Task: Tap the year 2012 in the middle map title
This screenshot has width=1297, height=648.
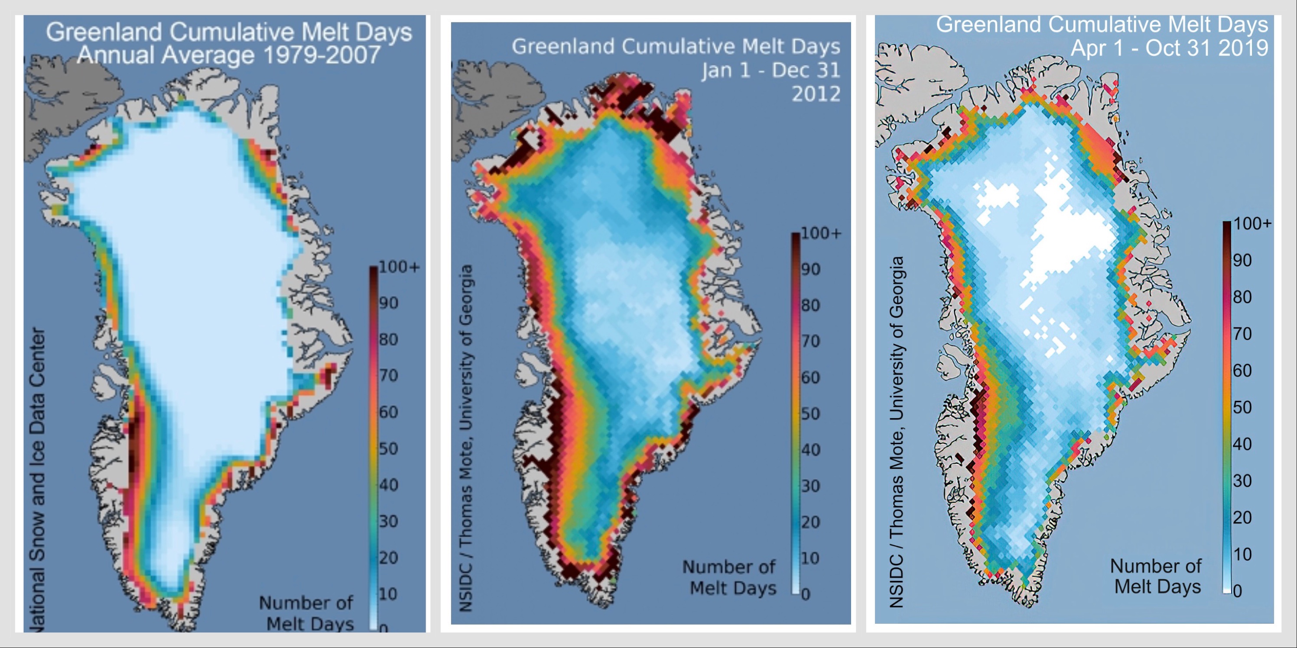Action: click(x=816, y=93)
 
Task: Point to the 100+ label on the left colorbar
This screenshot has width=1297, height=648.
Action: click(x=399, y=267)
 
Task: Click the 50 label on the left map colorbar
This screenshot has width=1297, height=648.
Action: click(x=388, y=448)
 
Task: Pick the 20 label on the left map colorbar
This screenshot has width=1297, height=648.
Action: click(x=388, y=558)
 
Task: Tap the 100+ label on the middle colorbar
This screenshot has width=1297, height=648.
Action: click(x=821, y=233)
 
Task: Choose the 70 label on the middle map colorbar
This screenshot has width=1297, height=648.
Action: click(x=811, y=341)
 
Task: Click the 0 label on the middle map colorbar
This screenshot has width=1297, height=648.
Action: click(x=806, y=595)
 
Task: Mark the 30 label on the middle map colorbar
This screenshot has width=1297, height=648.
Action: click(x=811, y=486)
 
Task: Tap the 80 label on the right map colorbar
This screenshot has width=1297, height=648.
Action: click(x=1242, y=297)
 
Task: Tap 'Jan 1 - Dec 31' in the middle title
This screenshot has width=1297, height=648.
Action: click(x=771, y=71)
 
